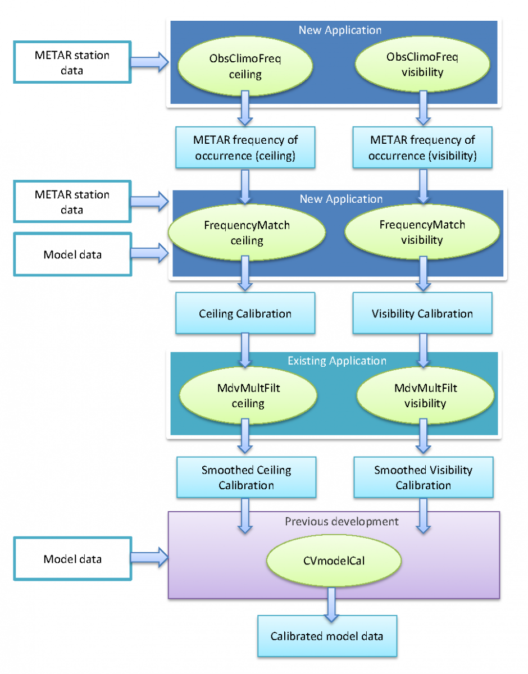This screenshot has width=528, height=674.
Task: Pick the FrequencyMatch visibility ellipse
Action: point(422,233)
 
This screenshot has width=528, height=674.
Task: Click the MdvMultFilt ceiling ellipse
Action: point(248,396)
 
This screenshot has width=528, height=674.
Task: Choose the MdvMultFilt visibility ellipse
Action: point(425,395)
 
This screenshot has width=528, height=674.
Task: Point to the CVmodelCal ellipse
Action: point(334,559)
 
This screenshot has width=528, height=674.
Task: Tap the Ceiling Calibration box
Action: point(245,313)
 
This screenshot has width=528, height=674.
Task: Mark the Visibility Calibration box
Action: point(422,313)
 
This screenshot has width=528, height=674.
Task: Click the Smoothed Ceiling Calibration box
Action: point(247,477)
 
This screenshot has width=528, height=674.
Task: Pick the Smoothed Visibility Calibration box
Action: point(424,477)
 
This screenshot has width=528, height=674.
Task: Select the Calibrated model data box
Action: point(327,636)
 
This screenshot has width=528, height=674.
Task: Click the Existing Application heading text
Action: point(337,361)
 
